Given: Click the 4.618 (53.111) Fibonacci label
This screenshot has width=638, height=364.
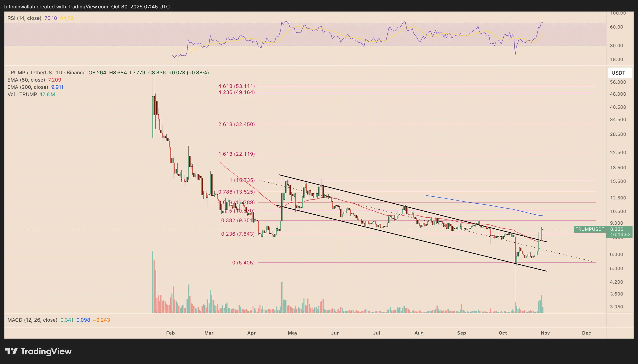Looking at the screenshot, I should pyautogui.click(x=236, y=86).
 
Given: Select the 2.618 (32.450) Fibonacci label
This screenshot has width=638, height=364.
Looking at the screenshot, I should pyautogui.click(x=236, y=124).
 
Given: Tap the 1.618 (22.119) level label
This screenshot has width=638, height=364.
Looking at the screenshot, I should pyautogui.click(x=236, y=154).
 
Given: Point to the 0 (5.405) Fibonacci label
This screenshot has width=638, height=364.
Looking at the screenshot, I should pyautogui.click(x=243, y=263).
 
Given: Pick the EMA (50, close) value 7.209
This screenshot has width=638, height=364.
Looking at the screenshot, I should pyautogui.click(x=55, y=80).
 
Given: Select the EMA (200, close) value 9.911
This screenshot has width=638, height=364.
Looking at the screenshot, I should pyautogui.click(x=57, y=87).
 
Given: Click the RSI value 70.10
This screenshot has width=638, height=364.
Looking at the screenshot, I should pyautogui.click(x=51, y=18).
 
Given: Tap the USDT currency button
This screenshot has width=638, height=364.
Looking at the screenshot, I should pyautogui.click(x=618, y=73).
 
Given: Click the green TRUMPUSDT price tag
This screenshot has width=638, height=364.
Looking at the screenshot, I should pyautogui.click(x=590, y=229).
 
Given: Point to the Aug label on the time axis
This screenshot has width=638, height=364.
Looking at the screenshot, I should pyautogui.click(x=419, y=333).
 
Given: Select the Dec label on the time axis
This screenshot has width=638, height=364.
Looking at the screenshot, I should pyautogui.click(x=587, y=333).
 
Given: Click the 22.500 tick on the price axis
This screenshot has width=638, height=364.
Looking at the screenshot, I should pyautogui.click(x=618, y=152).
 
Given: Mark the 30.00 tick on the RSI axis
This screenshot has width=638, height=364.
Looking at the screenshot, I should pyautogui.click(x=616, y=46).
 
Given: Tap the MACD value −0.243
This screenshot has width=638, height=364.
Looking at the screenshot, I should pyautogui.click(x=101, y=320).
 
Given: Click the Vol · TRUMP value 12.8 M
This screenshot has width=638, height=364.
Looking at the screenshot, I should pyautogui.click(x=47, y=94).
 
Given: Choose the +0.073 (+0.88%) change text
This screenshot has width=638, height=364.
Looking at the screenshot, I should pyautogui.click(x=188, y=72).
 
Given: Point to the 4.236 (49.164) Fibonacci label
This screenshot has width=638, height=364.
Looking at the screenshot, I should pyautogui.click(x=236, y=92).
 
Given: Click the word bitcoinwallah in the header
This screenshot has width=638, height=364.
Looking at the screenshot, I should pyautogui.click(x=19, y=7).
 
